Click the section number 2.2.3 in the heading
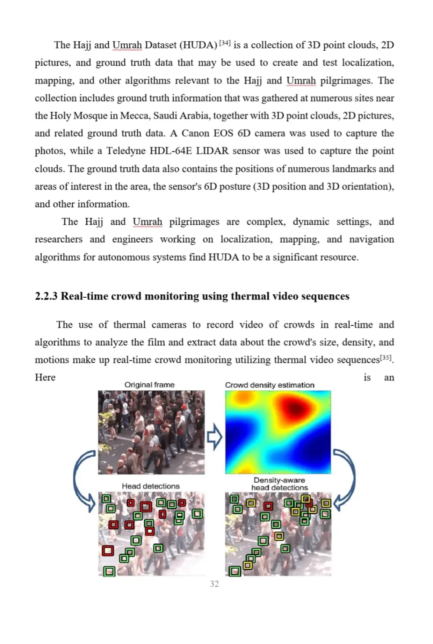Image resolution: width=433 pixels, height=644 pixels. [x=46, y=296]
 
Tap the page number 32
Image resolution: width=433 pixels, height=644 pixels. [x=214, y=584]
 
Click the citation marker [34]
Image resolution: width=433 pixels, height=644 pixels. [x=225, y=43]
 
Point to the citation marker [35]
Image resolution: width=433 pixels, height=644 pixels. [x=386, y=358]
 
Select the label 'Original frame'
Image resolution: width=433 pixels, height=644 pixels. [x=149, y=385]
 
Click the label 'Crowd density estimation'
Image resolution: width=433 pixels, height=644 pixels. [x=269, y=385]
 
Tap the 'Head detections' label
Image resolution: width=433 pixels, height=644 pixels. [x=151, y=486]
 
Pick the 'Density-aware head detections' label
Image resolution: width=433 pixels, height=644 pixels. [x=279, y=484]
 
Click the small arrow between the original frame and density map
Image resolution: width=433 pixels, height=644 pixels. [x=214, y=437]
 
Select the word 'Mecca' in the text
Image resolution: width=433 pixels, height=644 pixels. [x=135, y=116]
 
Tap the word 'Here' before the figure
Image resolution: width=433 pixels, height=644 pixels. [x=45, y=377]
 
